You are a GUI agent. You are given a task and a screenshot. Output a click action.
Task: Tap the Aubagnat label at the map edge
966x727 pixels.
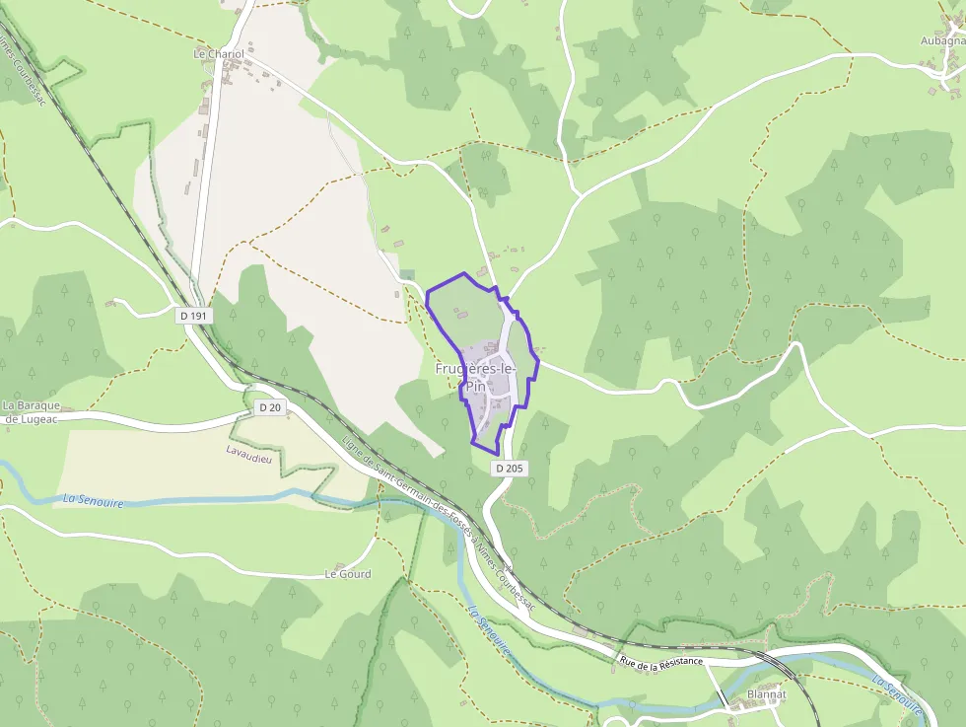pyautogui.click(x=941, y=40)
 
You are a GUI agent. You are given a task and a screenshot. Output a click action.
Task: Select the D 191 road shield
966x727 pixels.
pyautogui.click(x=195, y=315)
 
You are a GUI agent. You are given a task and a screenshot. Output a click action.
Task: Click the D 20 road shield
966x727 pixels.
pyautogui.click(x=270, y=407)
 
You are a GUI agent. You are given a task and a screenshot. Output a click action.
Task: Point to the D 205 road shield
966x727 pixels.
pyautogui.click(x=509, y=469)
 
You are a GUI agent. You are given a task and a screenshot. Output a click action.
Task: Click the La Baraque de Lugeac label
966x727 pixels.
pyautogui.click(x=32, y=411)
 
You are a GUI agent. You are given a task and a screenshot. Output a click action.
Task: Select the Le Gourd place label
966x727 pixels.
pyautogui.click(x=348, y=573)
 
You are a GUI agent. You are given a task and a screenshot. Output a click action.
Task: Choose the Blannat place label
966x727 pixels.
pyautogui.click(x=766, y=693)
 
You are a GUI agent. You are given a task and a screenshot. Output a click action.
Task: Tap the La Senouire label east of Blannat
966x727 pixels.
pyautogui.click(x=897, y=693)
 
